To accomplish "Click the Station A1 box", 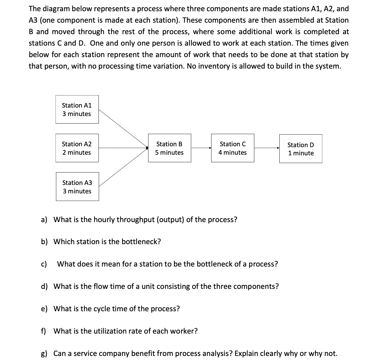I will pos(77,109).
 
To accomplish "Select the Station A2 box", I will pos(77,148).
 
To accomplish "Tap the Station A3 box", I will pos(77,187).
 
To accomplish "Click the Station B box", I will pos(169,148).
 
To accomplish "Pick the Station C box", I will pos(233,148).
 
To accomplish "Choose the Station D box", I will pos(301,149).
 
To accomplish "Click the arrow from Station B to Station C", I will pos(201,148).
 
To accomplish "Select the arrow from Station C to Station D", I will pos(266,148).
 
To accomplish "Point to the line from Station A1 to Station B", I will pos(122,128).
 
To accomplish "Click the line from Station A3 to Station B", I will pos(122,167).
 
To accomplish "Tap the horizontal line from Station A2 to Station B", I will pos(122,148).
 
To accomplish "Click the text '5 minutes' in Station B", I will pos(169,153).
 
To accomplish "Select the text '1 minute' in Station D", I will pos(301,153).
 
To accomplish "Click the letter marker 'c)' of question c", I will pos(44,264).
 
